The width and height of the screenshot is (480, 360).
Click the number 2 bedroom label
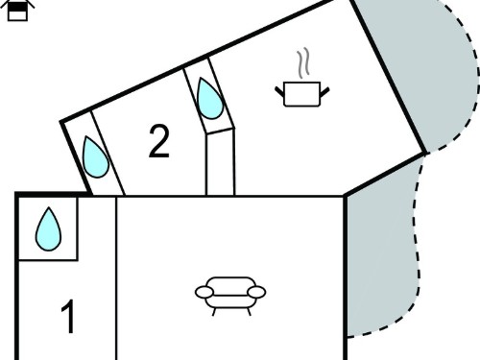[159, 141]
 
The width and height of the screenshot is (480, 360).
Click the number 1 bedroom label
[68, 317]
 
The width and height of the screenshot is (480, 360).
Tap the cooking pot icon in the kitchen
[302, 94]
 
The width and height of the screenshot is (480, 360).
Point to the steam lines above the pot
[303, 63]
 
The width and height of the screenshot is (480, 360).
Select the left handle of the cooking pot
[279, 91]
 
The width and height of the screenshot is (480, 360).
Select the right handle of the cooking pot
[324, 92]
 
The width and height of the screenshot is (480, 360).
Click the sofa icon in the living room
[230, 296]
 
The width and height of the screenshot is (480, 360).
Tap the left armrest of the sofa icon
[204, 292]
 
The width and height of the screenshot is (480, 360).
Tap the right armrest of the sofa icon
[256, 292]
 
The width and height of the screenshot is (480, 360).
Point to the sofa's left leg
[214, 312]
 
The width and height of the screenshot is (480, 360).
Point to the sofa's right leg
[249, 312]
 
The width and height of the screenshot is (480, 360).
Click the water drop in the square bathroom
[48, 229]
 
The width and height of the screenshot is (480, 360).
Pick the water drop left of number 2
[95, 157]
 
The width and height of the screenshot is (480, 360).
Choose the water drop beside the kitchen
[210, 99]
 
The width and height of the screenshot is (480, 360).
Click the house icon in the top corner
[17, 11]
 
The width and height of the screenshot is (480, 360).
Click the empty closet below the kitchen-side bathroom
[221, 162]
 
